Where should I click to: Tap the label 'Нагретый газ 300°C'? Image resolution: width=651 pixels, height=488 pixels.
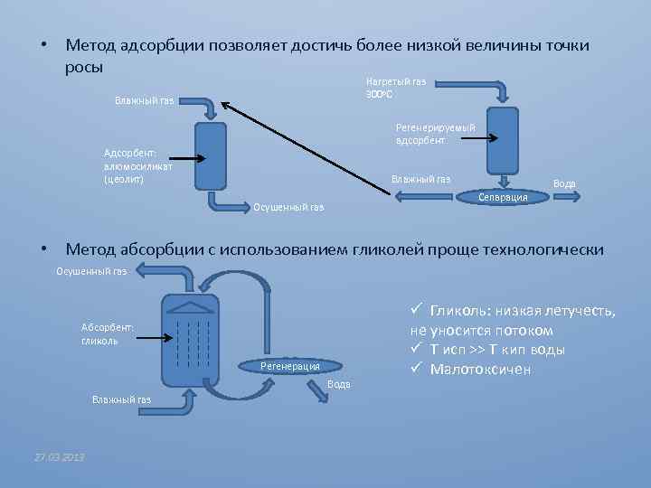tap(395, 88)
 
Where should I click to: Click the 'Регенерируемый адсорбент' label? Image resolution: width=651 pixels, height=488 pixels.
tap(435, 134)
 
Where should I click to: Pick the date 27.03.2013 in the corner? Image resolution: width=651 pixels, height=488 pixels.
tap(59, 457)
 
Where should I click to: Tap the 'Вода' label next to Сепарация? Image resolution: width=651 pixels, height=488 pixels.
tap(564, 183)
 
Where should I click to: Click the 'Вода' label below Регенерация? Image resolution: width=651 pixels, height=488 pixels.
tap(338, 384)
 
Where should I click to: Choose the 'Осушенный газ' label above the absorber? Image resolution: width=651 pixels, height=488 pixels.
tap(91, 271)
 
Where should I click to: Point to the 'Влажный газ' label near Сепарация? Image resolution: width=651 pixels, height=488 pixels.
tap(420, 179)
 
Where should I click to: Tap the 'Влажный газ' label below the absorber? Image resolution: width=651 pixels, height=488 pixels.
tap(121, 399)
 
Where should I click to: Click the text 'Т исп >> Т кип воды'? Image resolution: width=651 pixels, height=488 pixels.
tap(497, 350)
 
